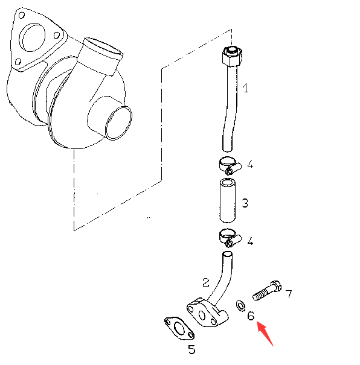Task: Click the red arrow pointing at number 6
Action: point(265,334)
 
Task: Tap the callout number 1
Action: point(245,88)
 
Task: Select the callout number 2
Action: point(206,282)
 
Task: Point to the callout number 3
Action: point(245,203)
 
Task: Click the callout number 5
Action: point(191,349)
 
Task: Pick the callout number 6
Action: point(251,316)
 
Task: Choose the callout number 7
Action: point(289,294)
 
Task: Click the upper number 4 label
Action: point(250,164)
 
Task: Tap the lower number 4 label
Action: point(250,241)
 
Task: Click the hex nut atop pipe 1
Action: point(232,56)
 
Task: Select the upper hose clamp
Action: point(230,165)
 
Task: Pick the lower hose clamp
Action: point(230,238)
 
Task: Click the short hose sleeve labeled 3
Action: point(228,201)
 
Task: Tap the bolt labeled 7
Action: point(267,291)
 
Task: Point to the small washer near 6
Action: point(240,306)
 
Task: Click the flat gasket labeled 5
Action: point(179,328)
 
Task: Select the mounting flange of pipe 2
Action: point(207,313)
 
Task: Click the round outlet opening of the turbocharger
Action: point(118,122)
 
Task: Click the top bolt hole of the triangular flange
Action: point(21,15)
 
